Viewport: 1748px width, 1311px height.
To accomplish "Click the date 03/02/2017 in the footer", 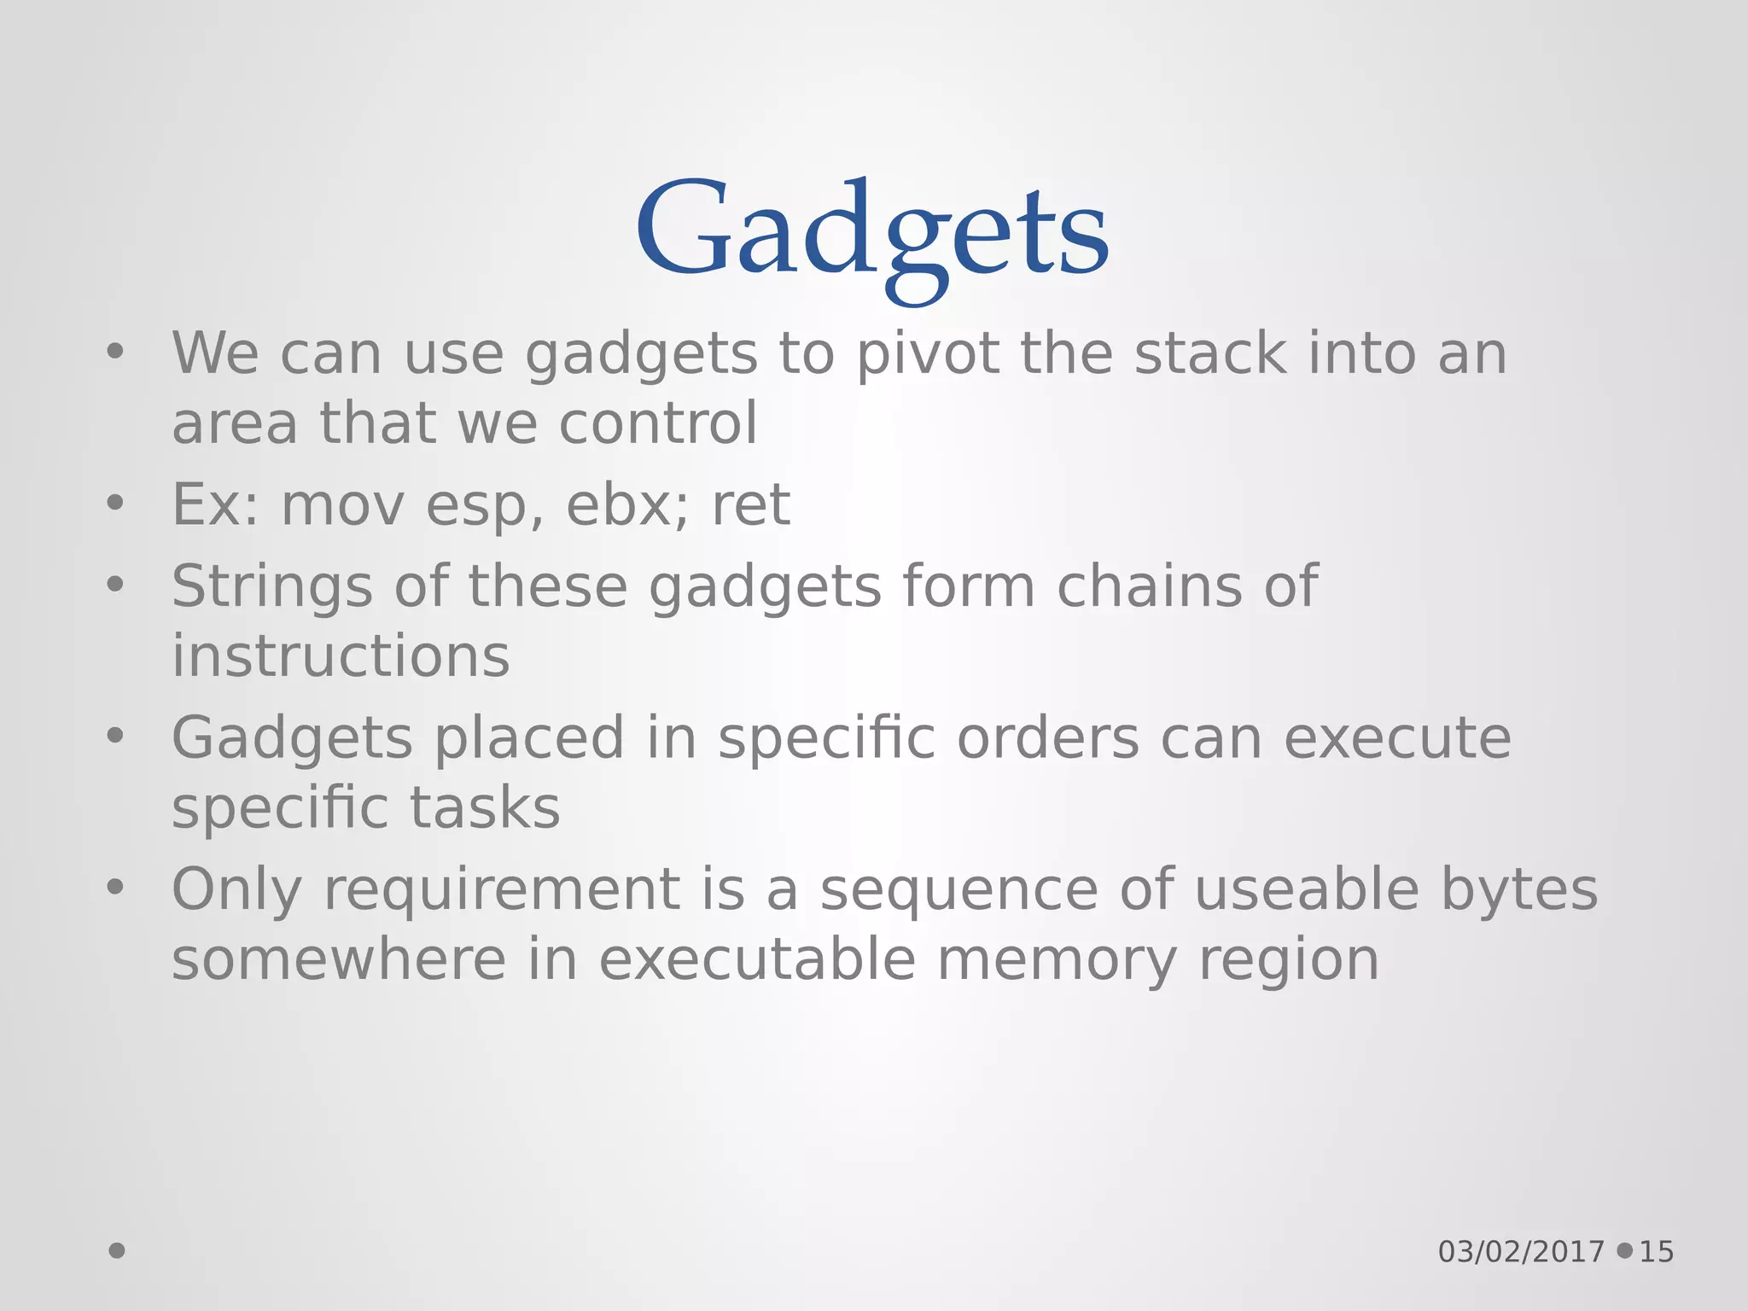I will (x=1521, y=1252).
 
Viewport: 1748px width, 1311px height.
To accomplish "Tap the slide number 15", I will (x=1657, y=1252).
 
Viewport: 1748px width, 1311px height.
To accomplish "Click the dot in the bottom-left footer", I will (x=117, y=1251).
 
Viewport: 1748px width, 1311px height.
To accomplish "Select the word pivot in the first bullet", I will (x=928, y=353).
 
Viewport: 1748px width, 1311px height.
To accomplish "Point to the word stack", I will (x=1210, y=353).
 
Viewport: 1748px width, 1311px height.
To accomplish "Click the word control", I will (x=658, y=423).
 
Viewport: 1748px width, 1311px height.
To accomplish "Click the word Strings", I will (x=272, y=587).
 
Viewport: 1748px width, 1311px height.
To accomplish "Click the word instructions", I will (x=341, y=656).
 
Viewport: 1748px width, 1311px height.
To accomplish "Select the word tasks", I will (x=485, y=807).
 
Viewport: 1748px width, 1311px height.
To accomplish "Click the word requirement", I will (x=502, y=889).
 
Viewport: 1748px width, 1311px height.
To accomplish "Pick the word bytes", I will (x=1520, y=889).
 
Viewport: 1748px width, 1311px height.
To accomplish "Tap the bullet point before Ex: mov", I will (x=115, y=504).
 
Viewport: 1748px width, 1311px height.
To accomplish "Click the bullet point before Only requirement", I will (x=115, y=888).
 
